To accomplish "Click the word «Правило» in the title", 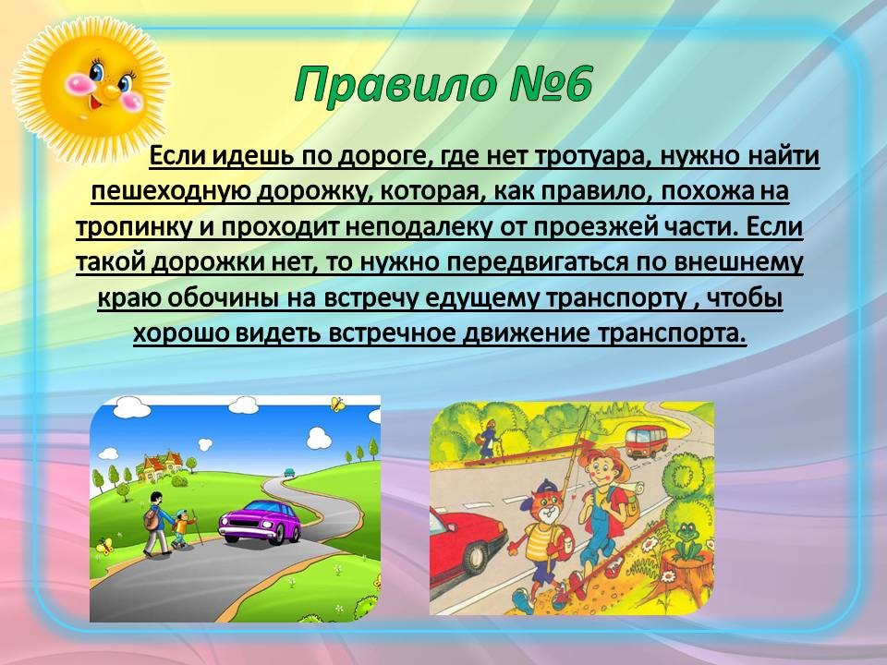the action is [x=394, y=85].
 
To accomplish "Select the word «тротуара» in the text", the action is [x=589, y=155].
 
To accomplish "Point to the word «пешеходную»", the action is [x=170, y=192].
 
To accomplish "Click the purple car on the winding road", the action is [x=260, y=521].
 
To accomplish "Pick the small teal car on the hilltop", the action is [x=289, y=472].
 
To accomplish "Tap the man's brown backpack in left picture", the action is [x=151, y=518].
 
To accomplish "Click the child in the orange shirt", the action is [x=182, y=528].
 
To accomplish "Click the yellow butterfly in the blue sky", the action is [x=337, y=404].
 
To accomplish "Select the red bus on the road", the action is [x=646, y=441].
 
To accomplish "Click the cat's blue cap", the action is [x=545, y=488].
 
